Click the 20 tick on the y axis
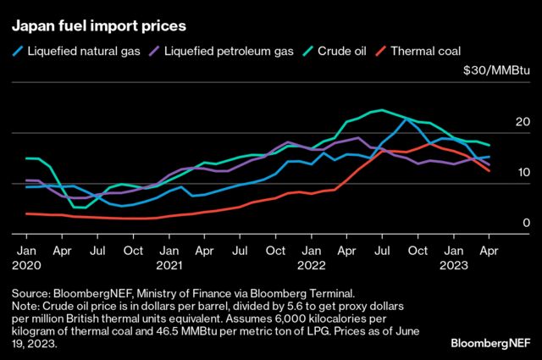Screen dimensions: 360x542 tap(523, 123)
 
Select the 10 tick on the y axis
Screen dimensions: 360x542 tap(523, 172)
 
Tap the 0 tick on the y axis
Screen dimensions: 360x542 tap(527, 222)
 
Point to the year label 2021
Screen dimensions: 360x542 tap(169, 266)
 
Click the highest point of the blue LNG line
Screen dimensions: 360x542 tap(406, 119)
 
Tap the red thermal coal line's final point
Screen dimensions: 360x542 tap(489, 171)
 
